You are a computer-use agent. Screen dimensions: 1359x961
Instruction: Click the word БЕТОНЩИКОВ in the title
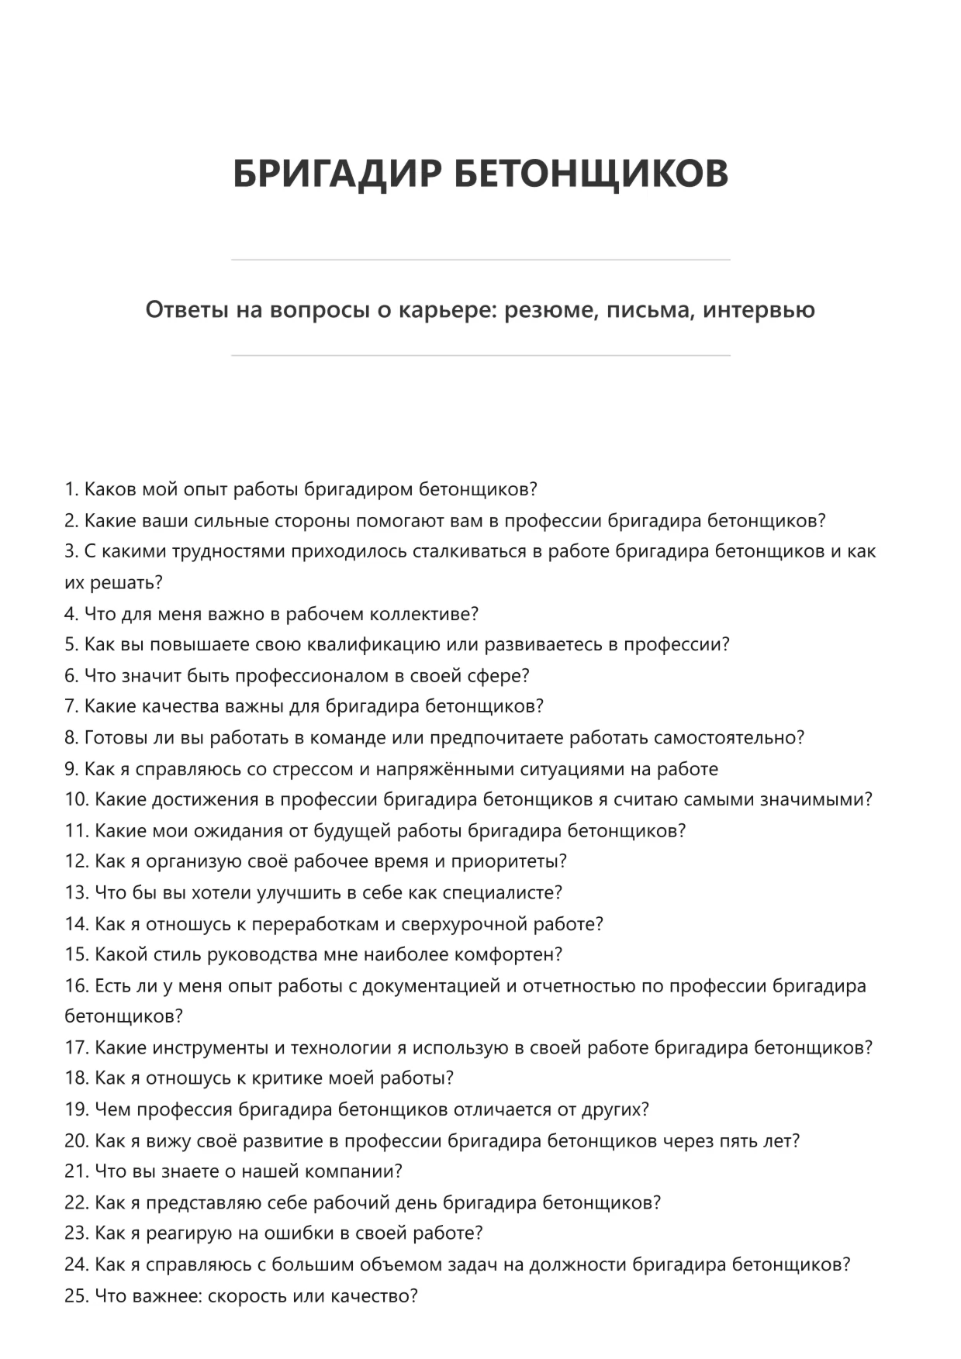[x=591, y=172]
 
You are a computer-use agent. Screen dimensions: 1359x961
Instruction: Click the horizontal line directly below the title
[x=480, y=260]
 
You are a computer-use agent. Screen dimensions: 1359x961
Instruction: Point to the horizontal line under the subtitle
[x=480, y=356]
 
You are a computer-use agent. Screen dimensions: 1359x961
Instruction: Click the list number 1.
[x=71, y=490]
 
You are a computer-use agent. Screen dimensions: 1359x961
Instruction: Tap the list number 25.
[x=76, y=1295]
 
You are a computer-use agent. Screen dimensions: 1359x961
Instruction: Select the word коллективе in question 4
[x=423, y=614]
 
